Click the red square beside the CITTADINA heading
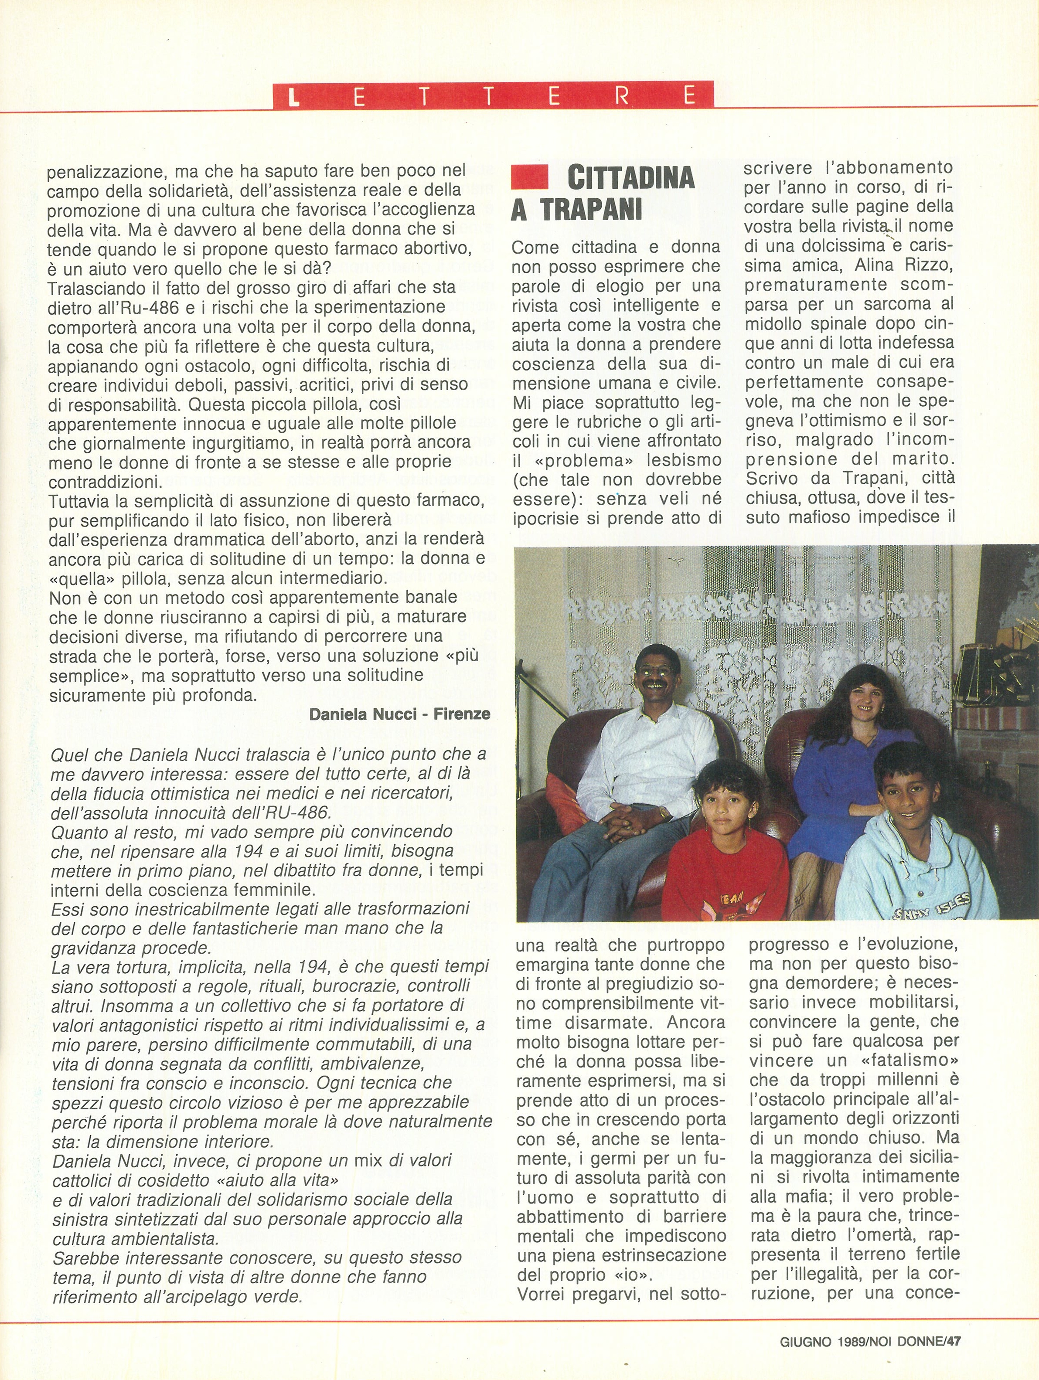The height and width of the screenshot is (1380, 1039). [529, 177]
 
